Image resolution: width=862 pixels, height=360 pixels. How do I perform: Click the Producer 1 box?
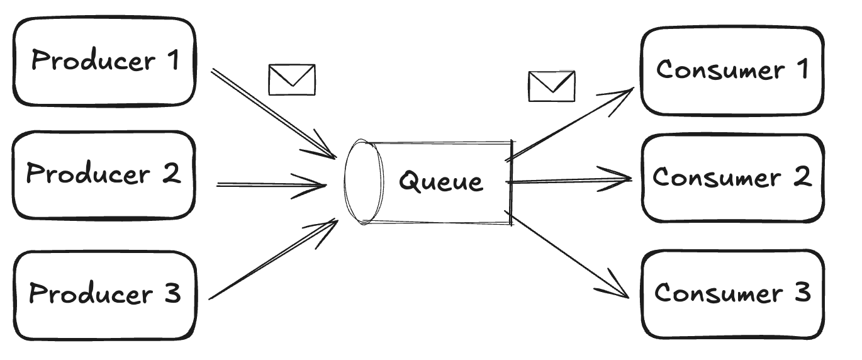(104, 61)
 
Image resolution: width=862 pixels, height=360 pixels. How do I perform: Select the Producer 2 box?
(104, 174)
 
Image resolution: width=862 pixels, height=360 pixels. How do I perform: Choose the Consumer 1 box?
(732, 70)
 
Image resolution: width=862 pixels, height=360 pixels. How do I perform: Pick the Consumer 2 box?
(732, 178)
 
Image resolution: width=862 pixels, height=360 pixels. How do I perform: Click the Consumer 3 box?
(732, 293)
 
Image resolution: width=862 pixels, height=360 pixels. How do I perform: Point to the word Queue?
(441, 181)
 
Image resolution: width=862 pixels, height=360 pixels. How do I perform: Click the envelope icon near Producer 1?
(292, 80)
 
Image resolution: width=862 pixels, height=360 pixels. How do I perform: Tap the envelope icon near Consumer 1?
(551, 86)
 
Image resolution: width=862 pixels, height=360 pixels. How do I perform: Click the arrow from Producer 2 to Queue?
(271, 185)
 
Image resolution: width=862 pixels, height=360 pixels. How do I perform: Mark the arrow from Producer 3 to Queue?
(271, 259)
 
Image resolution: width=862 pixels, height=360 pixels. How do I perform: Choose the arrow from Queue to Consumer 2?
(569, 181)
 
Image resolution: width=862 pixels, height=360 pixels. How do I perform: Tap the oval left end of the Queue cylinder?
(364, 182)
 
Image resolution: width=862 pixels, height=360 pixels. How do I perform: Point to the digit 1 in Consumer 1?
(801, 69)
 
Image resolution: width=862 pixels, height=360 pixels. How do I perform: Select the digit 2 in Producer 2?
(170, 173)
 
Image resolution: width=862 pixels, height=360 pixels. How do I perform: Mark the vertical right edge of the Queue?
(511, 183)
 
